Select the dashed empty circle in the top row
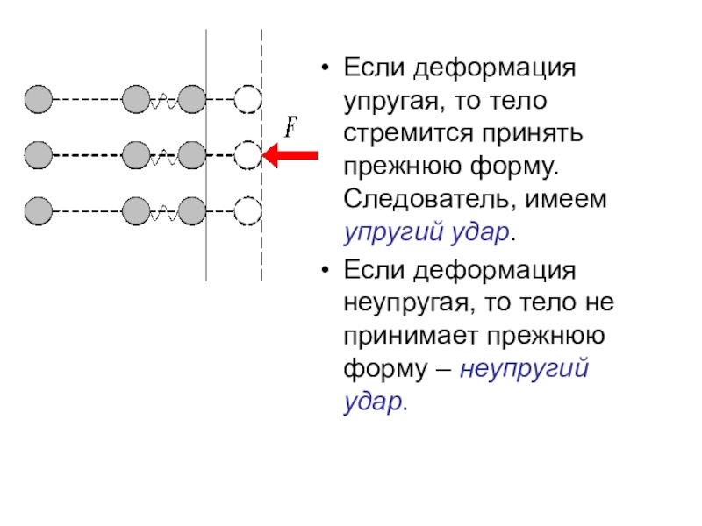tap(248, 100)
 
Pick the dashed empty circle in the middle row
tap(248, 155)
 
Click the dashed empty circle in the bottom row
tap(248, 211)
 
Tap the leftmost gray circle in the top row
tap(38, 100)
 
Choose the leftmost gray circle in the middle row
tap(38, 155)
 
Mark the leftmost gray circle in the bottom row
tap(38, 211)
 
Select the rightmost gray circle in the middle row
tap(192, 155)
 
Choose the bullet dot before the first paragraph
tap(326, 68)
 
